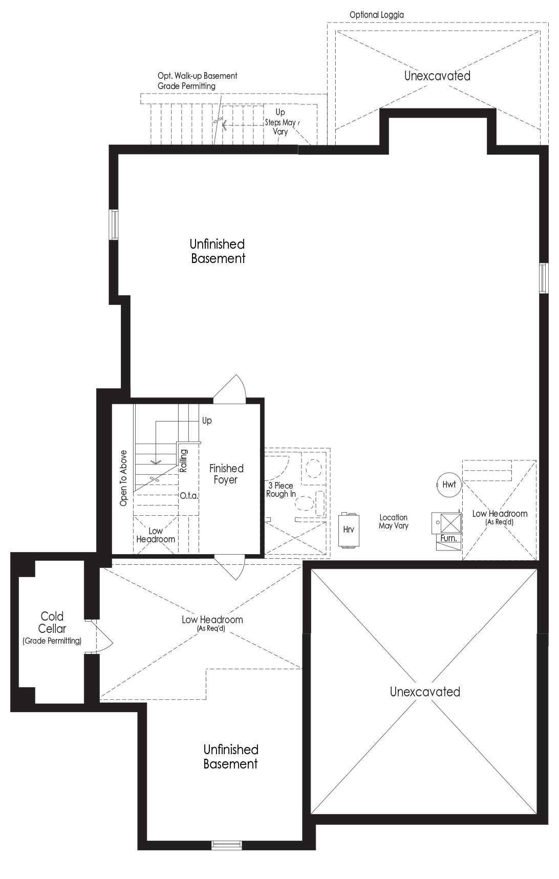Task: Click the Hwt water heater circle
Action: pos(449,484)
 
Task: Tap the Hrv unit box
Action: pos(349,530)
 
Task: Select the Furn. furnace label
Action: pos(448,538)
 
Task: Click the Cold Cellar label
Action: pos(52,622)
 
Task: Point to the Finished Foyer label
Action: pos(226,474)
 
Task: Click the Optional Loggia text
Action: pos(376,15)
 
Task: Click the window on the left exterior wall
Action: pos(114,224)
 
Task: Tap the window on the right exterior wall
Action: pos(544,278)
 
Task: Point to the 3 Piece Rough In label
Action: pos(281,490)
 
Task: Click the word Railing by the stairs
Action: pos(184,460)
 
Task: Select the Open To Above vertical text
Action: pos(123,478)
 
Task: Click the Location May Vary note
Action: pos(393,521)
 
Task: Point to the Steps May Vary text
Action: pos(280,127)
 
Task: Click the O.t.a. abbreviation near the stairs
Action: pos(189,496)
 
